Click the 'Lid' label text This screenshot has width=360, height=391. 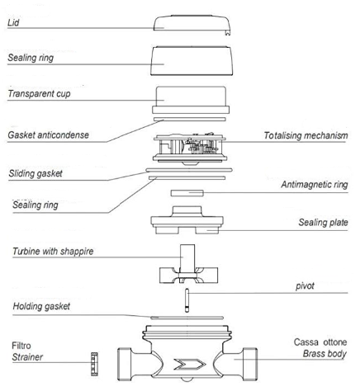pyautogui.click(x=13, y=22)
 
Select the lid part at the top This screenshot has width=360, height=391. pyautogui.click(x=192, y=24)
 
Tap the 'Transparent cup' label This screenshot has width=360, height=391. pyautogui.click(x=39, y=94)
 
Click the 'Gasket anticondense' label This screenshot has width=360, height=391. pyautogui.click(x=48, y=135)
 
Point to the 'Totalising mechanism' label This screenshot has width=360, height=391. pyautogui.click(x=306, y=135)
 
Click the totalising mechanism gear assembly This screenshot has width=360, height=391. pyautogui.click(x=190, y=148)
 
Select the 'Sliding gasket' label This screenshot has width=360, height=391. pyautogui.click(x=36, y=173)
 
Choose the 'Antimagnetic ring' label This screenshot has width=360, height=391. pyautogui.click(x=315, y=185)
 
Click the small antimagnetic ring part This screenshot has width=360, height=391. pyautogui.click(x=187, y=193)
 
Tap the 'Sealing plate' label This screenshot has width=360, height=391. pyautogui.click(x=323, y=222)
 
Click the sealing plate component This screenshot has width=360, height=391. pyautogui.click(x=187, y=220)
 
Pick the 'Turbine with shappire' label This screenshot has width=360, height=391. pyautogui.click(x=53, y=252)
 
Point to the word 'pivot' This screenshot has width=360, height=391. pyautogui.click(x=305, y=286)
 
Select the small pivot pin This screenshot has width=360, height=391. pyautogui.click(x=187, y=300)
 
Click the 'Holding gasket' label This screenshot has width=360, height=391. pyautogui.click(x=41, y=306)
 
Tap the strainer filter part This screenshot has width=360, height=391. pyautogui.click(x=94, y=364)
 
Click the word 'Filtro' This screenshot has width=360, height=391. pyautogui.click(x=21, y=346)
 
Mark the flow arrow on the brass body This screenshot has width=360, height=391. pyautogui.click(x=190, y=364)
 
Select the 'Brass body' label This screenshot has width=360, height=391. pyautogui.click(x=324, y=354)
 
